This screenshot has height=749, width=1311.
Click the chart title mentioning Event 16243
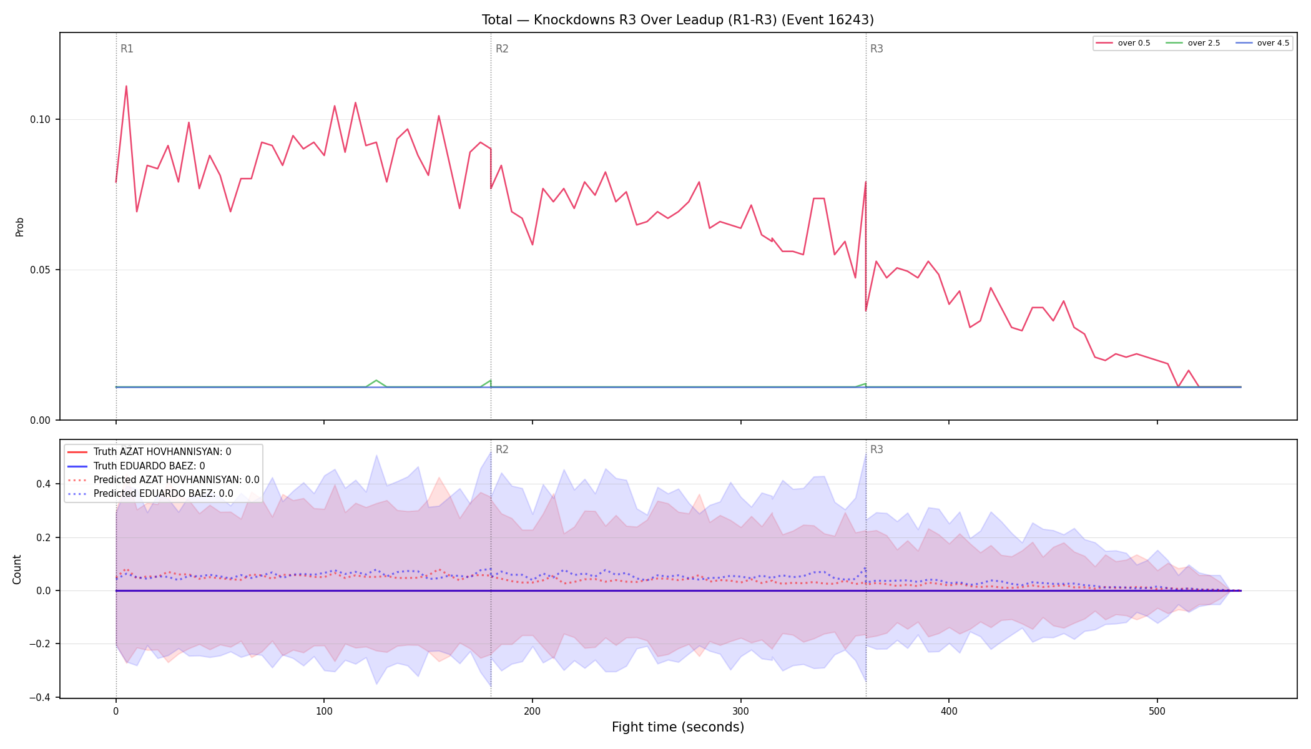(677, 20)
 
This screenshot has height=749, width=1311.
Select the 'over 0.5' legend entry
(1123, 43)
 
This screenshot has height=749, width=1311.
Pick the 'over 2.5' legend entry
(1193, 43)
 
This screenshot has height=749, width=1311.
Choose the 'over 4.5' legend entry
(1262, 43)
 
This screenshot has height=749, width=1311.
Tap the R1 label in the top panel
(127, 49)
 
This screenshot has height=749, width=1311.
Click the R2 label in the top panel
(502, 49)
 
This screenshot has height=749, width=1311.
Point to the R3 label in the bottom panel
(876, 449)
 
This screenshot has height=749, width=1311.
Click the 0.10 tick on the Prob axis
(40, 120)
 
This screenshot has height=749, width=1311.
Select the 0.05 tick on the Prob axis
(40, 270)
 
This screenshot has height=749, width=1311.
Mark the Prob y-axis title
(19, 227)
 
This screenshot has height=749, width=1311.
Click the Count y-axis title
(17, 569)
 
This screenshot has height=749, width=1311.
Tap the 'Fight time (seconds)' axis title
(678, 727)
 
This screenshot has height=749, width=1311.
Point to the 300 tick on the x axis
(740, 711)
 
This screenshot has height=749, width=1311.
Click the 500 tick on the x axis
(1157, 711)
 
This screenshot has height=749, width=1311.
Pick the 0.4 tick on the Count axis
(44, 484)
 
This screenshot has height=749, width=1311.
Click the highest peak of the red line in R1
(126, 86)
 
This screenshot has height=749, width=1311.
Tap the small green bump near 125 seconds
(376, 380)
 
